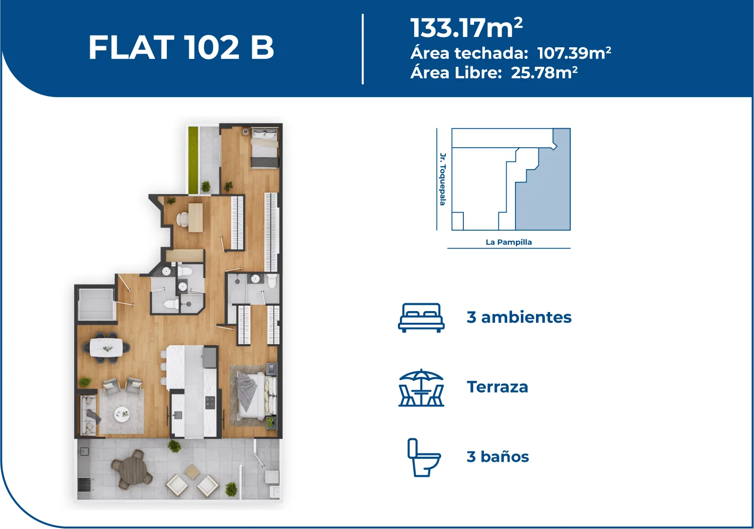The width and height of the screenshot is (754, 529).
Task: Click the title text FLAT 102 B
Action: click(181, 47)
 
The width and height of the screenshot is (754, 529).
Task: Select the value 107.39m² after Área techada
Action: click(574, 53)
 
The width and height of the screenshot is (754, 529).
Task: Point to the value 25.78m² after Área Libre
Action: click(544, 72)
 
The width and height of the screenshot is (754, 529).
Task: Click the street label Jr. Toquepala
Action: click(443, 179)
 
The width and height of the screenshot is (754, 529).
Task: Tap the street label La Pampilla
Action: click(509, 242)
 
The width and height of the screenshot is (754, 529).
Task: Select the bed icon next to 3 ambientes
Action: click(421, 318)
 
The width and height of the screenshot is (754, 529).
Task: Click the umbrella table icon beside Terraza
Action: click(421, 388)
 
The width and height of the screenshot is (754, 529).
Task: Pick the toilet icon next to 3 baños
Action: click(424, 457)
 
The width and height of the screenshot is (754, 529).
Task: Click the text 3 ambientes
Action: click(519, 317)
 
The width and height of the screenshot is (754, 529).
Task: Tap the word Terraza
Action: click(497, 387)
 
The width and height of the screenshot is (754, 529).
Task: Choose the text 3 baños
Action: click(498, 457)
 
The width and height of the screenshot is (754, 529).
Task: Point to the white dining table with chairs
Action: click(106, 347)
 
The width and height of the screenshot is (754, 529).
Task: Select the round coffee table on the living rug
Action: click(121, 413)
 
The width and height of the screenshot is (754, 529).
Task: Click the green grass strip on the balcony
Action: click(193, 160)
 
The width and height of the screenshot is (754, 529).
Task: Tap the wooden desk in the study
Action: click(195, 217)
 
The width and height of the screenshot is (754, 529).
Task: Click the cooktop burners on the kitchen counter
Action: click(210, 402)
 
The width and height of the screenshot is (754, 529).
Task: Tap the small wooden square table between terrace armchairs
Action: click(193, 471)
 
